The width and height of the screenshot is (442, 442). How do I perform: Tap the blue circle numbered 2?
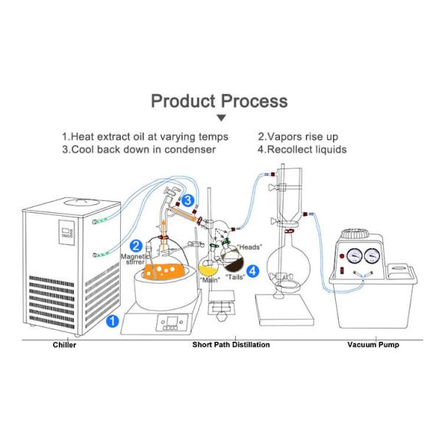click(x=136, y=245)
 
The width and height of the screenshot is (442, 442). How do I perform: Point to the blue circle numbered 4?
click(x=253, y=271)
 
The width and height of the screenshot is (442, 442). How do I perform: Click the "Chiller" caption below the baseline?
click(x=63, y=345)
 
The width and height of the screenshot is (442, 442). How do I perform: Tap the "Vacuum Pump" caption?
click(x=373, y=345)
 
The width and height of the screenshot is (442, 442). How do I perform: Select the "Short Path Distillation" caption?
click(x=231, y=345)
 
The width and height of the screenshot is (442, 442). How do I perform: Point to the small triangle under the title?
click(x=220, y=118)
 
